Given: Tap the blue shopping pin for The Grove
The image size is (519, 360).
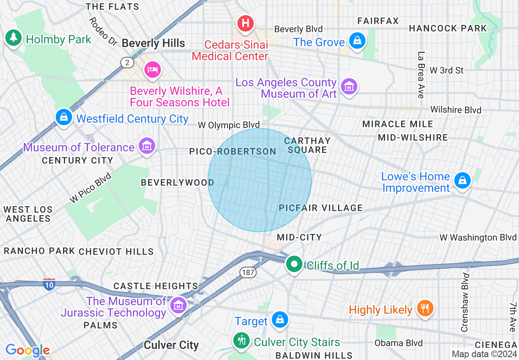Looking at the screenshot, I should (x=357, y=41).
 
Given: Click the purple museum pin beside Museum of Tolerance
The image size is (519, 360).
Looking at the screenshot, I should (x=147, y=146).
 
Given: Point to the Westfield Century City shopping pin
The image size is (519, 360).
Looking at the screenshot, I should (x=64, y=117).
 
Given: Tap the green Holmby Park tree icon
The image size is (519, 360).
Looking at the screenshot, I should (x=14, y=38).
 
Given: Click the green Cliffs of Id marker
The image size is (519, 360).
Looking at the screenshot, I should (x=294, y=264).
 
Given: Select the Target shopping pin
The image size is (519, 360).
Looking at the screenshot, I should (x=280, y=319).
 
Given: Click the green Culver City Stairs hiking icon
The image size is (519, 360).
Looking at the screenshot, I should (x=241, y=340).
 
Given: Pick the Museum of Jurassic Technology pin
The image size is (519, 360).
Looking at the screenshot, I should (x=178, y=305).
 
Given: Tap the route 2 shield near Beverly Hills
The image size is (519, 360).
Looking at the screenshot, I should (x=127, y=62).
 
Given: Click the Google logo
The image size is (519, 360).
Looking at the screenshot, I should (x=28, y=350).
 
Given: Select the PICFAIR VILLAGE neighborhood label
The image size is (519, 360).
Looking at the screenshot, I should (x=321, y=208).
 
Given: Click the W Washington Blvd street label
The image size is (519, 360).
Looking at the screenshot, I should (x=478, y=237).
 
